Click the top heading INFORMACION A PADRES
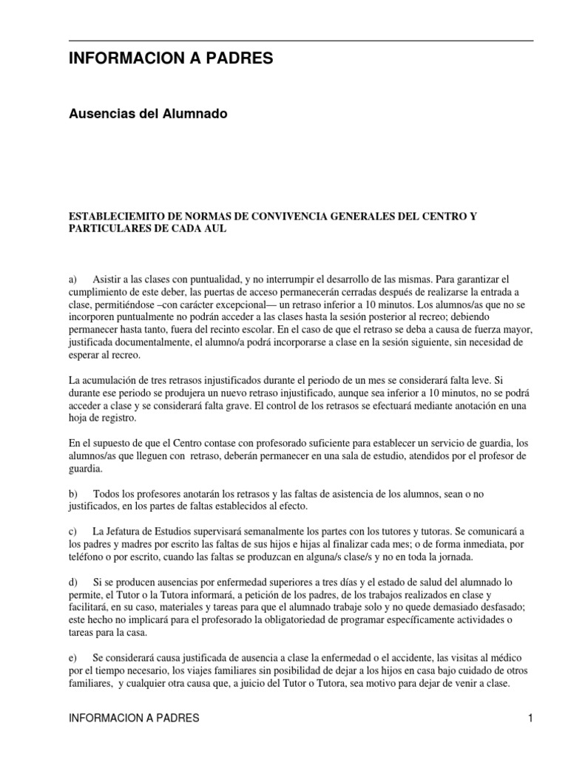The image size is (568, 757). (171, 59)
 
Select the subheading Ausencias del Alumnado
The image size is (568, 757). (147, 114)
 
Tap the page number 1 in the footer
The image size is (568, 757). (530, 718)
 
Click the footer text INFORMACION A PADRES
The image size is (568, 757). (133, 718)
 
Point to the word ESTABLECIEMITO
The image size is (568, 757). (112, 217)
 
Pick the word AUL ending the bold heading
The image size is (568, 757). (214, 229)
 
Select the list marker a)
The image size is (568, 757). (72, 280)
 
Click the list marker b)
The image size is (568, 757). (72, 493)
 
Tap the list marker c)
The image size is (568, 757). (72, 532)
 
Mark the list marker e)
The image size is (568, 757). (72, 657)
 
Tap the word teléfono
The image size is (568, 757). (86, 557)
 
